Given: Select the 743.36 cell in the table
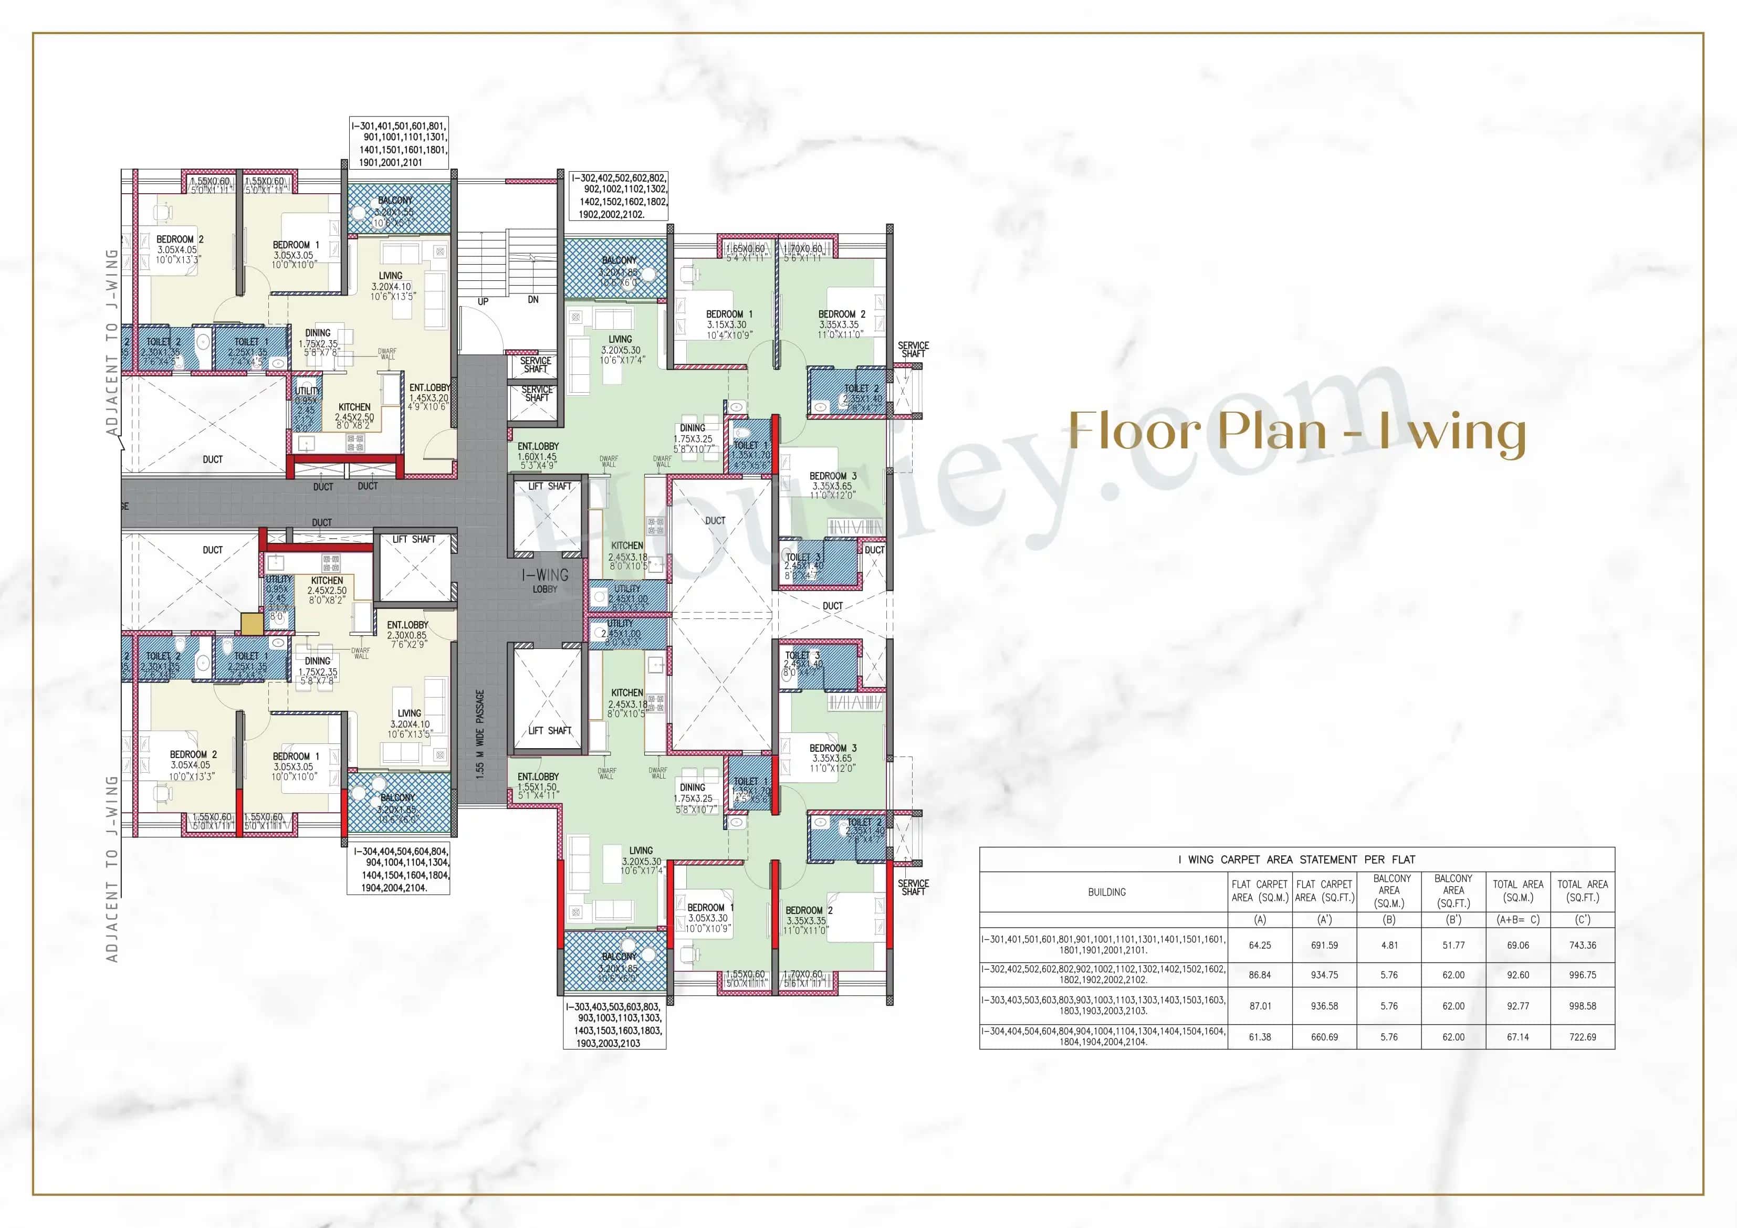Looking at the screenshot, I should pyautogui.click(x=1582, y=945).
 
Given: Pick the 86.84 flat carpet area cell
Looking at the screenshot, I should pyautogui.click(x=1260, y=974).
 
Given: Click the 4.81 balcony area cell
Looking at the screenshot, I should pyautogui.click(x=1389, y=945).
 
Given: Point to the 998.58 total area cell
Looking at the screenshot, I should pyautogui.click(x=1582, y=1005).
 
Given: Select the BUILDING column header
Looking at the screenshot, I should pyautogui.click(x=1106, y=892).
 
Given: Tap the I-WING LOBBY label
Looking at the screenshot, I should pyautogui.click(x=545, y=580).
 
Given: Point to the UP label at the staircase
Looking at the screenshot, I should pyautogui.click(x=483, y=302).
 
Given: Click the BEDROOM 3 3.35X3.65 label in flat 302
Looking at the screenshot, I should pyautogui.click(x=832, y=486).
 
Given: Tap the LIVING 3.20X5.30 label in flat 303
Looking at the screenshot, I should pyautogui.click(x=641, y=861).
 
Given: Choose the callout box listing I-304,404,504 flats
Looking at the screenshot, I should pyautogui.click(x=399, y=869).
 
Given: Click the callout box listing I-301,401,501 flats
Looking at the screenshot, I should pyautogui.click(x=400, y=144).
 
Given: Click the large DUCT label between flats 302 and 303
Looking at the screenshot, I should pyautogui.click(x=715, y=521).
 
